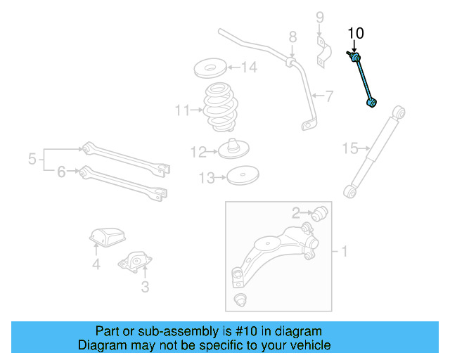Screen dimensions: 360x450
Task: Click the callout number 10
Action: click(x=356, y=33)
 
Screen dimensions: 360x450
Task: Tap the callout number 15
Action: click(x=350, y=148)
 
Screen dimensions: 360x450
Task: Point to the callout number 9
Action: click(x=319, y=17)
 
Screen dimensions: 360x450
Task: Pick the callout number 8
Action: click(x=292, y=37)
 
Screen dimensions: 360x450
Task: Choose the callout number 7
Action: click(x=328, y=96)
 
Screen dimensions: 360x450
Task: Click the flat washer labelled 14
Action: click(x=209, y=70)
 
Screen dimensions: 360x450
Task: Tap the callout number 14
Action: click(x=250, y=68)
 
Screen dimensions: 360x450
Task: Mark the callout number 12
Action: click(x=198, y=151)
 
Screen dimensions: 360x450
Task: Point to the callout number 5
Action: click(x=32, y=160)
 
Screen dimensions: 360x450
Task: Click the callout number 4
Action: click(x=96, y=265)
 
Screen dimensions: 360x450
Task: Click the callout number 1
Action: click(x=345, y=250)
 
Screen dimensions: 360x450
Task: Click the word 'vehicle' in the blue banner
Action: click(x=307, y=345)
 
